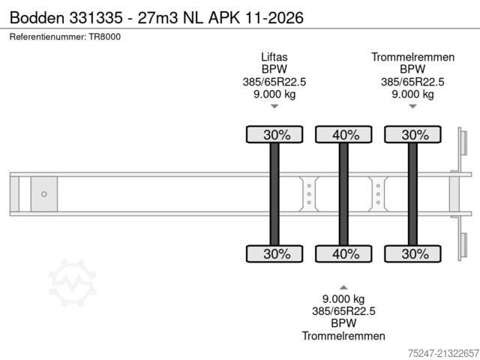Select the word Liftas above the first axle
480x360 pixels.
tap(274, 57)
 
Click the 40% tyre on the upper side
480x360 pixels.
tap(343, 135)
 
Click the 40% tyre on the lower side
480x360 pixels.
tap(343, 253)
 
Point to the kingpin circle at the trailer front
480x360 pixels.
tap(44, 194)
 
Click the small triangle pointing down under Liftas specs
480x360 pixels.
tap(274, 106)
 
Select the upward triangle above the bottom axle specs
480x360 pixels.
tap(343, 286)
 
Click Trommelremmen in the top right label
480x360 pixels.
tap(412, 57)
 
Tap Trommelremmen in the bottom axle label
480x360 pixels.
tap(343, 336)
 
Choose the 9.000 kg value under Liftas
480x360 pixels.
tap(274, 94)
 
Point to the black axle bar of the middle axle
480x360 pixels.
tap(343, 194)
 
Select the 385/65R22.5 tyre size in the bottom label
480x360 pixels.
tap(343, 311)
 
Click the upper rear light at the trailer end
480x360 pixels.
tap(463, 141)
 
